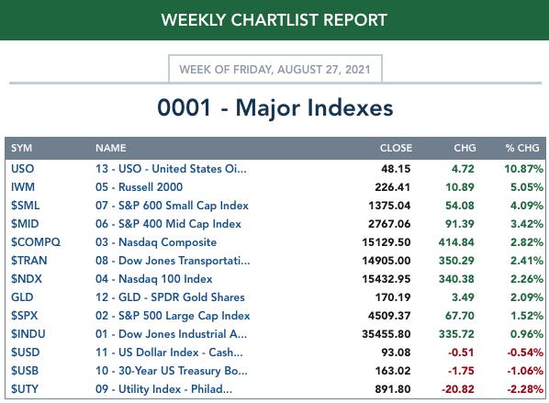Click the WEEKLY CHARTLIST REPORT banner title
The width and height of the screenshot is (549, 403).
tap(274, 20)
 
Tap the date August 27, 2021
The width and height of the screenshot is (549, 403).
tap(324, 70)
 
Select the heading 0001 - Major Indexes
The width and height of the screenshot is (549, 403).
tap(275, 107)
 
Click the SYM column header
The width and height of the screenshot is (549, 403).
tap(21, 148)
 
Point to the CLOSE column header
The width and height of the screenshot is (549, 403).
tap(396, 148)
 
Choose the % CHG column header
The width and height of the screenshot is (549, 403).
tap(522, 148)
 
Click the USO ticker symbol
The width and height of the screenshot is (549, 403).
tap(22, 169)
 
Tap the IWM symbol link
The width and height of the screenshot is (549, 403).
tap(23, 187)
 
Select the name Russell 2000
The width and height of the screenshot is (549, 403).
tap(151, 187)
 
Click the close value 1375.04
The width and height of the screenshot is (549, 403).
tap(389, 206)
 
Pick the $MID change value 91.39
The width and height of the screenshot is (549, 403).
tap(460, 224)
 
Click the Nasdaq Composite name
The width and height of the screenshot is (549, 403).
tap(167, 242)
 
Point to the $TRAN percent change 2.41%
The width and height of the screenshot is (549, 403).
tap(527, 261)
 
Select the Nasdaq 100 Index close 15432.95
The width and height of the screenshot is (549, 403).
tap(387, 279)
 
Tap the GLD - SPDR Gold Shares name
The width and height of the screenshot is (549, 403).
tap(182, 297)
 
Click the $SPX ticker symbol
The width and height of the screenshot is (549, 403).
tap(24, 316)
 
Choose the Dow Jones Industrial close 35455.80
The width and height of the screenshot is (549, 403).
tap(387, 334)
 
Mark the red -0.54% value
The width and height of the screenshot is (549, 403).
tap(525, 353)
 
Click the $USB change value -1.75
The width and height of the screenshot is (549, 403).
tap(461, 371)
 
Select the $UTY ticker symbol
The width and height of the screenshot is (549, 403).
tap(25, 389)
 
